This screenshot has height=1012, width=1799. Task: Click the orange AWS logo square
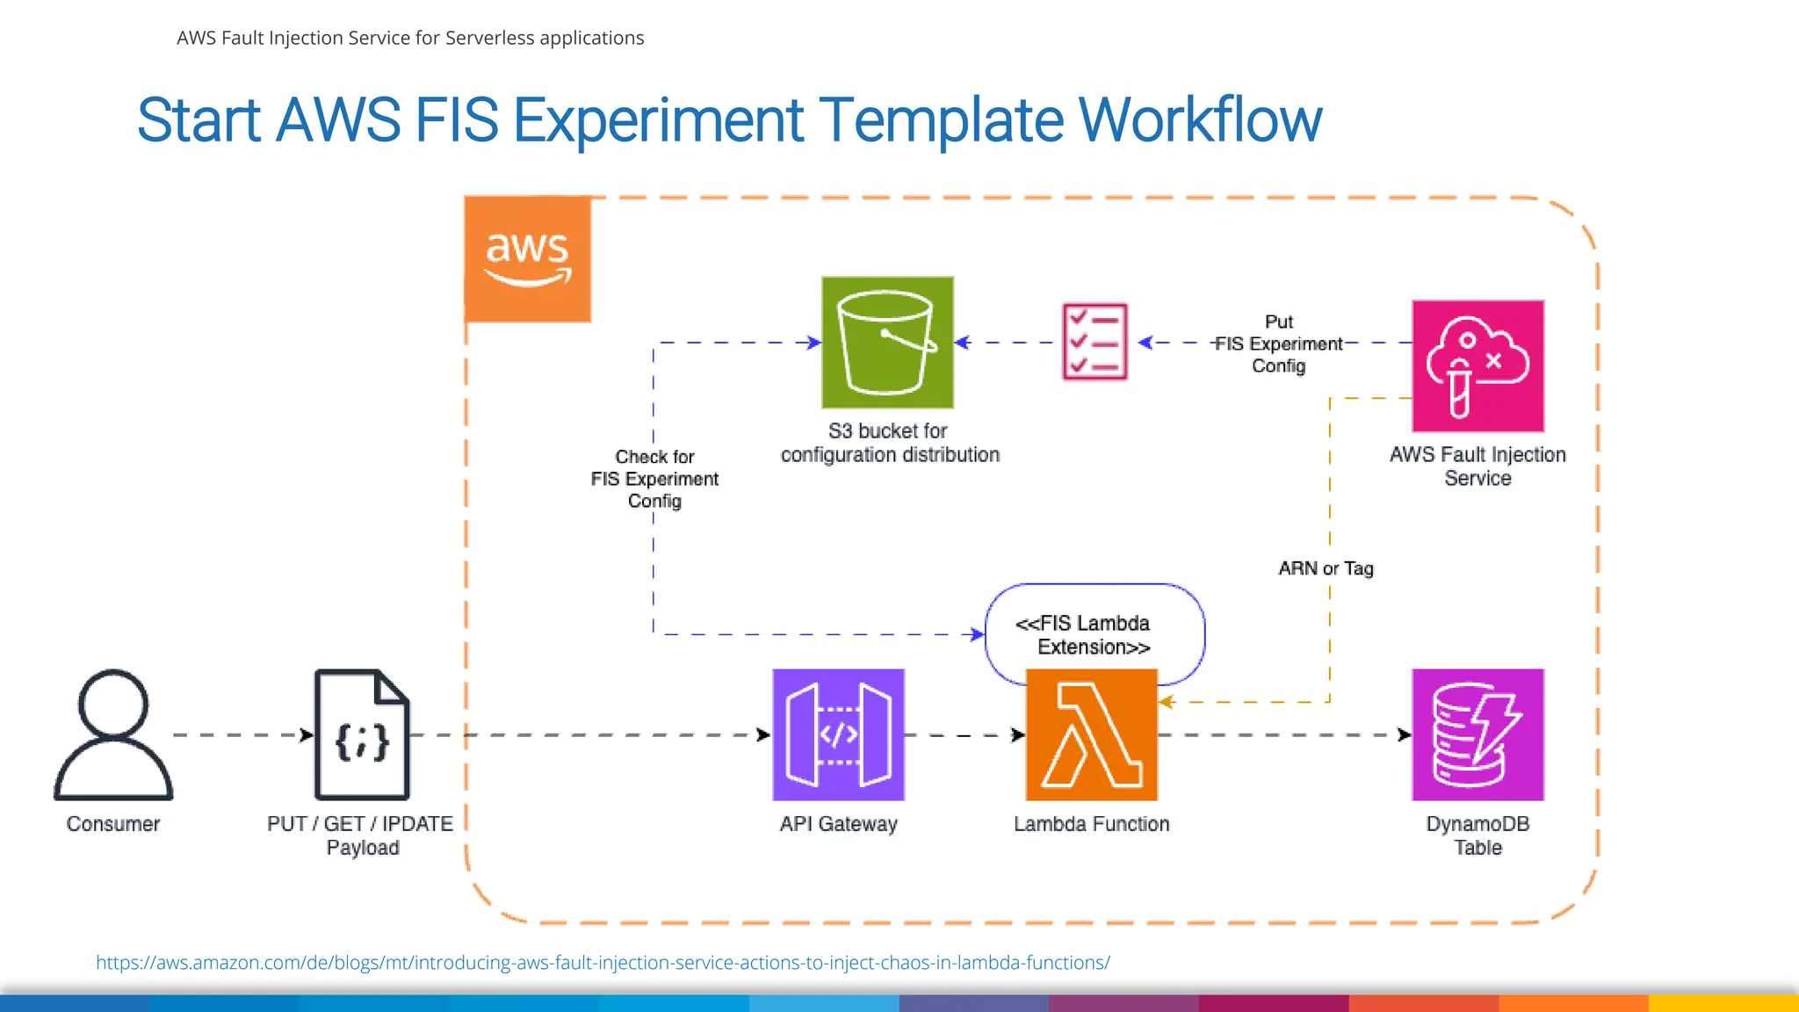(x=527, y=259)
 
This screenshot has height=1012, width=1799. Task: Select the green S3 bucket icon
(x=887, y=343)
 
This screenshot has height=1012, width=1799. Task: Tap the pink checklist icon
(x=1095, y=342)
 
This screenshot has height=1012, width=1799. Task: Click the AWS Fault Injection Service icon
(x=1477, y=365)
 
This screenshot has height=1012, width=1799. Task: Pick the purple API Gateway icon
(x=838, y=734)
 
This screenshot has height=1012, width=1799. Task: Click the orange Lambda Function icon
(x=1091, y=734)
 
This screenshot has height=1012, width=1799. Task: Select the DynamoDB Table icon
(x=1477, y=734)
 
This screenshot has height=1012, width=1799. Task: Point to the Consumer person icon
(x=113, y=734)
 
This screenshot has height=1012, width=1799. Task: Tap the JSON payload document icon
(x=362, y=734)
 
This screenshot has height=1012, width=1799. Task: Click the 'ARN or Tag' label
(x=1326, y=568)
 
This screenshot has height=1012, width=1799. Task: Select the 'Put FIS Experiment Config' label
(x=1278, y=343)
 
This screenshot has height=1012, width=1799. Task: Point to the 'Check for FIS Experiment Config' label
(x=654, y=479)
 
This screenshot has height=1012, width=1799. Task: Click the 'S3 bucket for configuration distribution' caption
(x=889, y=443)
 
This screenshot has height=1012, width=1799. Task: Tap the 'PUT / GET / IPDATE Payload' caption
(x=360, y=835)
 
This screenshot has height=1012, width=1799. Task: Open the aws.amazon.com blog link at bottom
(x=603, y=962)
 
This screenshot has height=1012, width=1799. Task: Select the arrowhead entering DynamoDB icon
(x=1405, y=734)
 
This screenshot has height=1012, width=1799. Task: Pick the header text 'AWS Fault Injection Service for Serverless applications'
(x=410, y=38)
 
